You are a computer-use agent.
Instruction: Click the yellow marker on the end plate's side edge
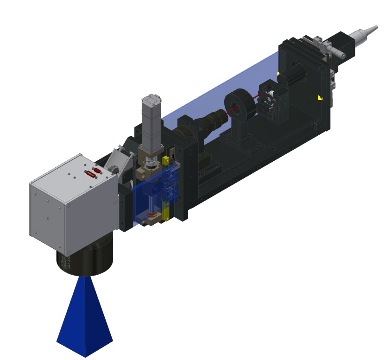pos(320,97)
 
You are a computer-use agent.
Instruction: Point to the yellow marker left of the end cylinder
pos(278,74)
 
